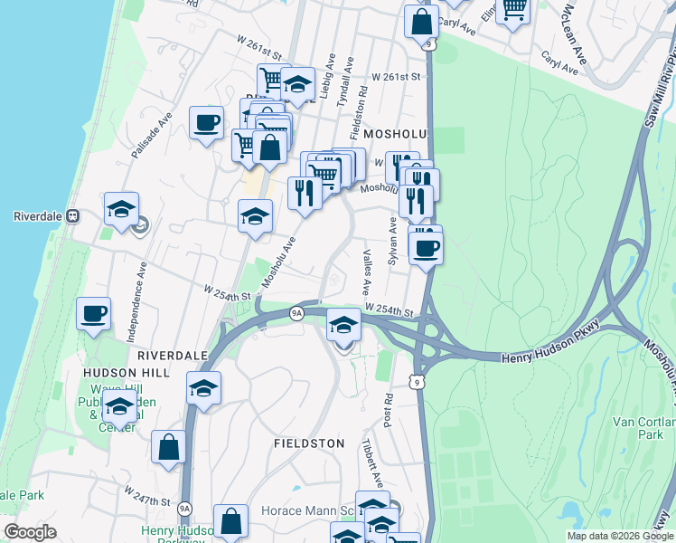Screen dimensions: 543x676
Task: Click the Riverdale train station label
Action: tap(41, 217)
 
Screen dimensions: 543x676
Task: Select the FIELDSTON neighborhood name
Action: tap(309, 443)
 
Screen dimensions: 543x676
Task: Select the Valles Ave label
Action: tap(366, 272)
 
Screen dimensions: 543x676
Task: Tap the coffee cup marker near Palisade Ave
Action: tap(206, 122)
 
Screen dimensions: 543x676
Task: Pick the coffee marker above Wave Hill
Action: tap(93, 314)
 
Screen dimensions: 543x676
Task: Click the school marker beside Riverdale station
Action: tap(121, 209)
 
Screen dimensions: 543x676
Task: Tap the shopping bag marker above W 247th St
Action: tap(168, 447)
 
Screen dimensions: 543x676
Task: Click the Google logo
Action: tap(30, 532)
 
